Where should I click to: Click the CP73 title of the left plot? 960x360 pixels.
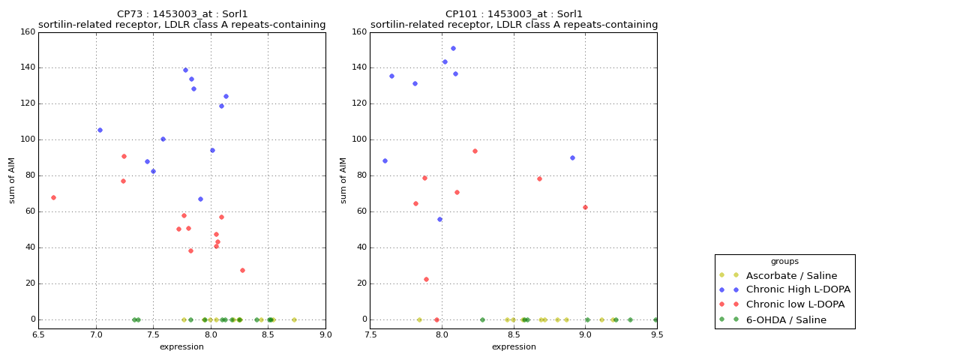182,14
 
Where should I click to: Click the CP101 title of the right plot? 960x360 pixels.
514,14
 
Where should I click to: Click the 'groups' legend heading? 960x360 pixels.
784,262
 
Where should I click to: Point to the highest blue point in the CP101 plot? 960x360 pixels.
453,48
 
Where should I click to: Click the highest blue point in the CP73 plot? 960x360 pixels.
185,70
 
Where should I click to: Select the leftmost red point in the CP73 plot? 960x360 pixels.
53,197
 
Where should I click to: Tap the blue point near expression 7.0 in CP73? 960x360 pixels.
100,130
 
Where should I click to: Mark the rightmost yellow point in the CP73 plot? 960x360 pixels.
294,319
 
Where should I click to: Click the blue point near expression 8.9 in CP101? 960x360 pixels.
572,157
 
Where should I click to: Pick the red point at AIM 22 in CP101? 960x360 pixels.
426,279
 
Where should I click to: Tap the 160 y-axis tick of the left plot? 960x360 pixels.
27,32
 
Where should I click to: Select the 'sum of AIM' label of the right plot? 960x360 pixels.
344,180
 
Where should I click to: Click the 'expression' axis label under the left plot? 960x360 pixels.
181,346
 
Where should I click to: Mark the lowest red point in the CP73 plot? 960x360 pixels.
242,270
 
